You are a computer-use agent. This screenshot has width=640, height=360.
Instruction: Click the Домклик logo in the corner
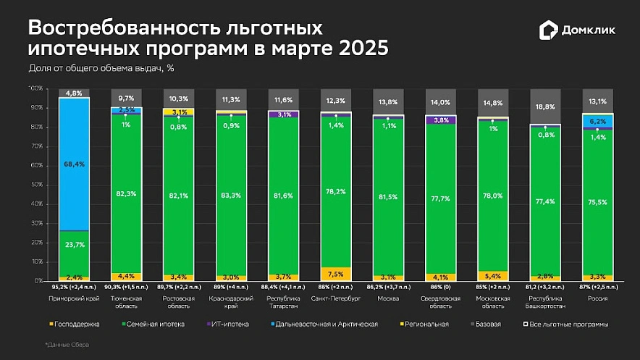[x=578, y=30]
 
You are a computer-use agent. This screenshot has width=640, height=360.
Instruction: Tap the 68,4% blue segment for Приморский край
[x=74, y=164]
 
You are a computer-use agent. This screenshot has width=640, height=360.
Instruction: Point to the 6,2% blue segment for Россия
[x=598, y=121]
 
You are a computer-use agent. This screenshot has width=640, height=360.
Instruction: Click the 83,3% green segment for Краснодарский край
[x=230, y=195]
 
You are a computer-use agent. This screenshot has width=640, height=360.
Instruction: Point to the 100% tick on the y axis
[x=36, y=88]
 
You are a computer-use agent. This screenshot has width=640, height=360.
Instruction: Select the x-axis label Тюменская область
[x=126, y=301]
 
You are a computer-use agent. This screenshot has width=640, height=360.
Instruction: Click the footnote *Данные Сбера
[x=69, y=345]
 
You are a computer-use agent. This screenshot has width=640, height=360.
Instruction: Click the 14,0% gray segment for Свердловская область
[x=439, y=102]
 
